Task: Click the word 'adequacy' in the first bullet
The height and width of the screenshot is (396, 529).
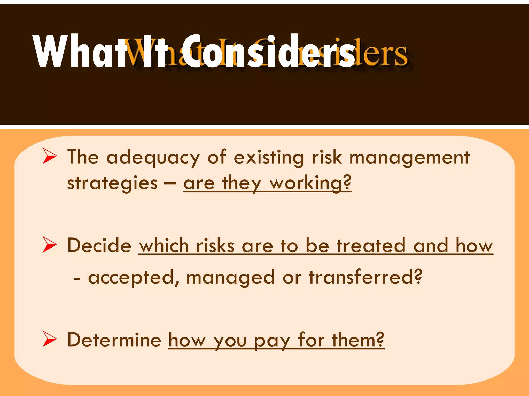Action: point(153,158)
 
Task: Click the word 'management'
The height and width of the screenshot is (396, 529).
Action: point(409,158)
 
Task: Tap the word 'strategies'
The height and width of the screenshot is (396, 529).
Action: point(112,184)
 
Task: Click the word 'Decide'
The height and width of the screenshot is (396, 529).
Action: point(99,245)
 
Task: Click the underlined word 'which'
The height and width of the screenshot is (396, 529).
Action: point(164,245)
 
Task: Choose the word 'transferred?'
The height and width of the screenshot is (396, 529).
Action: point(365,277)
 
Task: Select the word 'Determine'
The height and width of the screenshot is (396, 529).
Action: point(114,340)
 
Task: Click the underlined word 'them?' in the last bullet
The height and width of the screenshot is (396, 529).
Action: point(358,340)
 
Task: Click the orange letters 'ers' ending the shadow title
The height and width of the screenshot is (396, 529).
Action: point(387,55)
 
